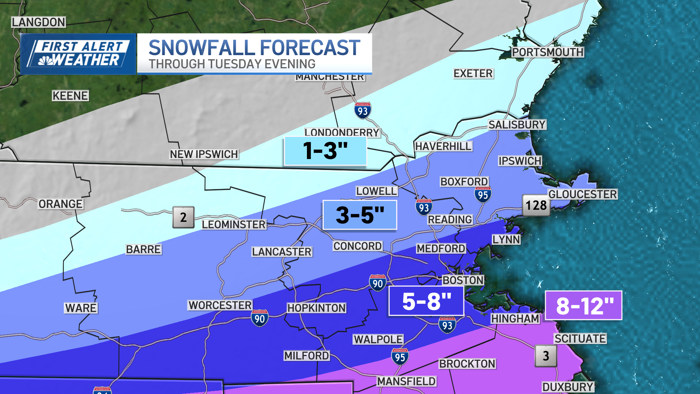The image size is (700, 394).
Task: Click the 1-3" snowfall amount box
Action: click(325, 151)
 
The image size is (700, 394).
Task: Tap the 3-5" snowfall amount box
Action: click(360, 215)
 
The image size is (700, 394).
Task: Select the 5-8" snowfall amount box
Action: click(426, 301)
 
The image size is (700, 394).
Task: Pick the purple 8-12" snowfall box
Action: click(584, 305)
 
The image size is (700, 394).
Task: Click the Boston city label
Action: click(463, 280)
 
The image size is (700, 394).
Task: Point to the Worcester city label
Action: click(220, 305)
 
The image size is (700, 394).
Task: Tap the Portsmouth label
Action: click(547, 52)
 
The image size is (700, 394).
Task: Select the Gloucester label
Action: click(582, 194)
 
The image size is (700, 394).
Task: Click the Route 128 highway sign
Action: click(536, 205)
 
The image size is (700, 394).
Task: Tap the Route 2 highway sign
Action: click(183, 217)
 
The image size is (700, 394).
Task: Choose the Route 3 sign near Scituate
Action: click(545, 356)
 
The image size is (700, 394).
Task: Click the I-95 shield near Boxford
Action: click(483, 195)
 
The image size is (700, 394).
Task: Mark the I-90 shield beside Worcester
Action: click(260, 318)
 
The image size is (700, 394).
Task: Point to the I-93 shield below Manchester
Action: click(362, 111)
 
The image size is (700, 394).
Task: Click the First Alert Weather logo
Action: click(78, 54)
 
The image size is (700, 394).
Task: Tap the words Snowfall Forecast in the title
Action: click(254, 48)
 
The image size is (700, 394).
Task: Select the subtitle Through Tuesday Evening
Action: click(232, 64)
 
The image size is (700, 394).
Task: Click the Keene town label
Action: click(70, 96)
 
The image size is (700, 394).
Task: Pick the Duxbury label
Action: click(568, 387)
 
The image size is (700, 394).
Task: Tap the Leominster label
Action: click(234, 224)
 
